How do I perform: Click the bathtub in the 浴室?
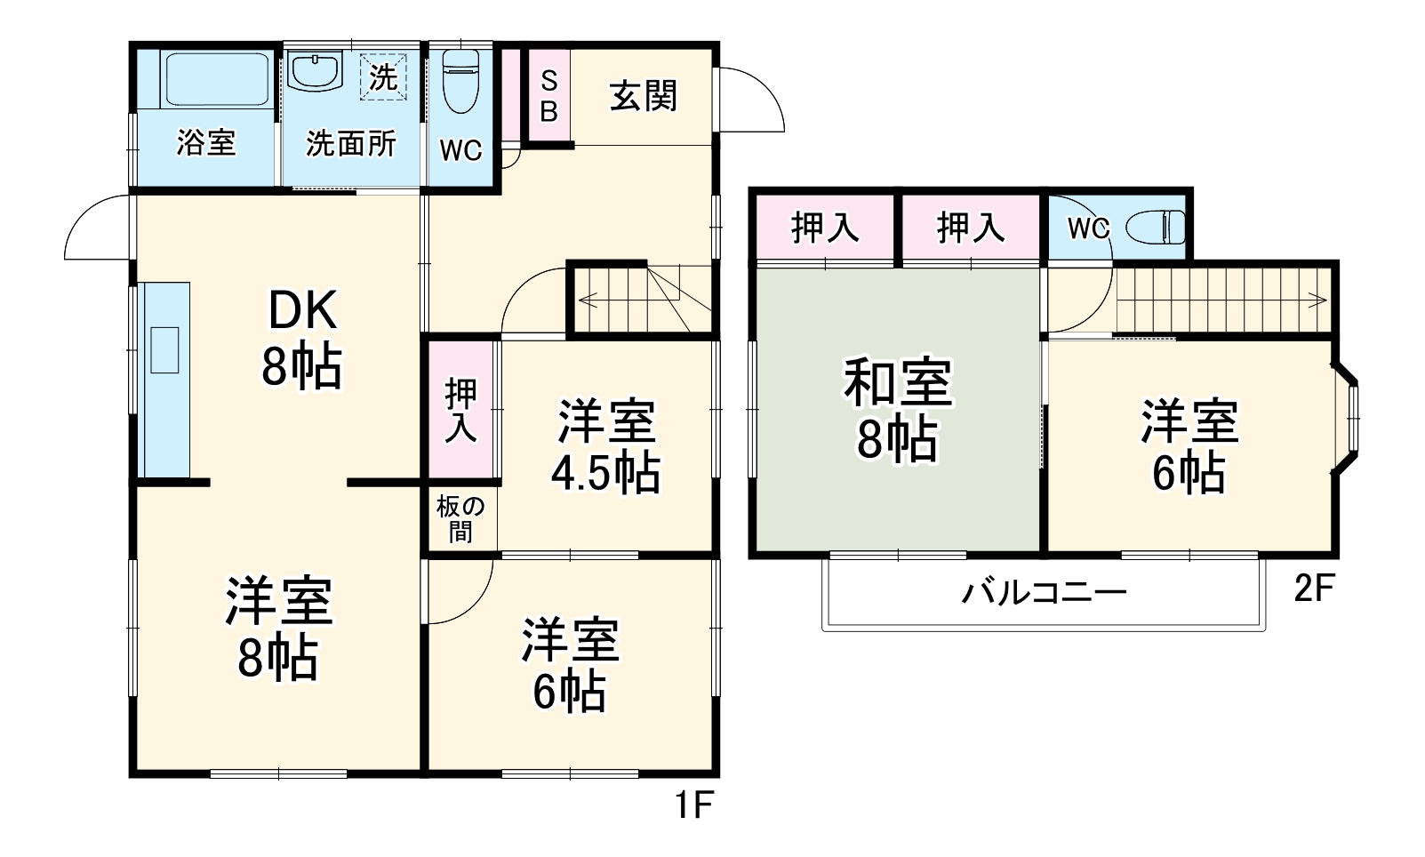(217, 79)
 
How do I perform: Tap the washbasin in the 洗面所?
(316, 70)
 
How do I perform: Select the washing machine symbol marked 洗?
(383, 76)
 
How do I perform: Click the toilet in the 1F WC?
(460, 80)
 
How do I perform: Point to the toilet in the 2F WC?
(1156, 227)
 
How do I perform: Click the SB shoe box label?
(549, 96)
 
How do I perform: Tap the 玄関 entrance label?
(643, 96)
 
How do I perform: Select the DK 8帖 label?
(301, 340)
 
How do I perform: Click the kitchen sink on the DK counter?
(164, 349)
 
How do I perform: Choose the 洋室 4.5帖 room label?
(606, 446)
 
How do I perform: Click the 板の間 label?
(460, 519)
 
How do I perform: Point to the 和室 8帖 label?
(897, 409)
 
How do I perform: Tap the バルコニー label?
(1044, 591)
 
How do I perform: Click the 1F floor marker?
(693, 806)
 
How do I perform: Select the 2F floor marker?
(1315, 588)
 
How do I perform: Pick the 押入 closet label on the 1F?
(460, 410)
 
